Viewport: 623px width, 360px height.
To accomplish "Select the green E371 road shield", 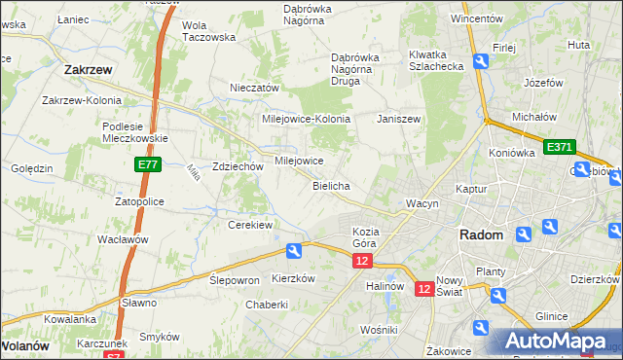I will coord(559,147).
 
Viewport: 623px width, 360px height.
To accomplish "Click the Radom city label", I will coord(482,235).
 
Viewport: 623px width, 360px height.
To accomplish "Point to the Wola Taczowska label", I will coord(209,31).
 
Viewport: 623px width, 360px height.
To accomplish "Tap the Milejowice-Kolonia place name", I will coord(306,119).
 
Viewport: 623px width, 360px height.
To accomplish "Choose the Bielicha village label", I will coord(331,185).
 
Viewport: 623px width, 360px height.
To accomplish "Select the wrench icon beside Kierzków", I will coord(293,251).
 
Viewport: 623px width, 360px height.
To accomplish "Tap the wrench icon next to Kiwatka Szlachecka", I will coord(480,61).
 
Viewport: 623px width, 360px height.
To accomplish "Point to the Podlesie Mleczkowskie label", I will coord(136,131).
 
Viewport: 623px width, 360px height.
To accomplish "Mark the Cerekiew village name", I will coord(249,224).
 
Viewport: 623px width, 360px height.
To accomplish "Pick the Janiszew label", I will coord(398,119).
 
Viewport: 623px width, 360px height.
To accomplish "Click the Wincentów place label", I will coord(477,18).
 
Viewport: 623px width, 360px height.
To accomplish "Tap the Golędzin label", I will coord(32,168).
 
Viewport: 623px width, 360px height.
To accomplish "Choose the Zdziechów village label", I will coord(238,166).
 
